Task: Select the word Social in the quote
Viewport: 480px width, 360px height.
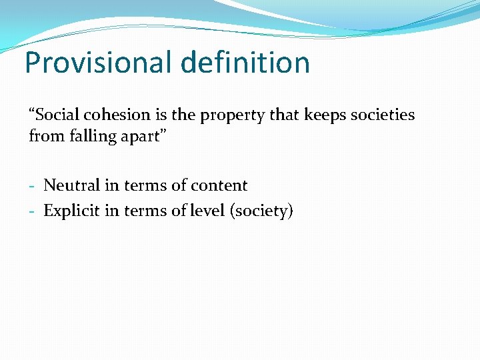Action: coord(56,115)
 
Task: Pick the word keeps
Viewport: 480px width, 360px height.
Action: coord(325,115)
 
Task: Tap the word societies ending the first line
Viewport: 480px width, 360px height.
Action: coord(383,115)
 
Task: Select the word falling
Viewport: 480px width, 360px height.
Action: coord(85,137)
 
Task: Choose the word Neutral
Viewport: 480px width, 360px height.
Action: coord(73,185)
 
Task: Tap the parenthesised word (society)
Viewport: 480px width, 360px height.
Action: coord(261,211)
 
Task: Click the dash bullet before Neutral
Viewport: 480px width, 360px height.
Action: coord(33,186)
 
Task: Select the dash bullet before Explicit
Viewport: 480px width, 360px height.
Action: coord(33,212)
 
